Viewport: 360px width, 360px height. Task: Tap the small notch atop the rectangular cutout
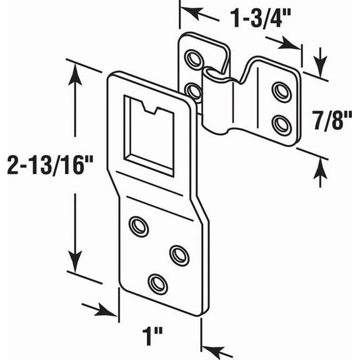pyautogui.click(x=149, y=109)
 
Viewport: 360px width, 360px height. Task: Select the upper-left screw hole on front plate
pyautogui.click(x=138, y=226)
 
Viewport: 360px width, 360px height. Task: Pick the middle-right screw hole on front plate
pyautogui.click(x=179, y=254)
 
